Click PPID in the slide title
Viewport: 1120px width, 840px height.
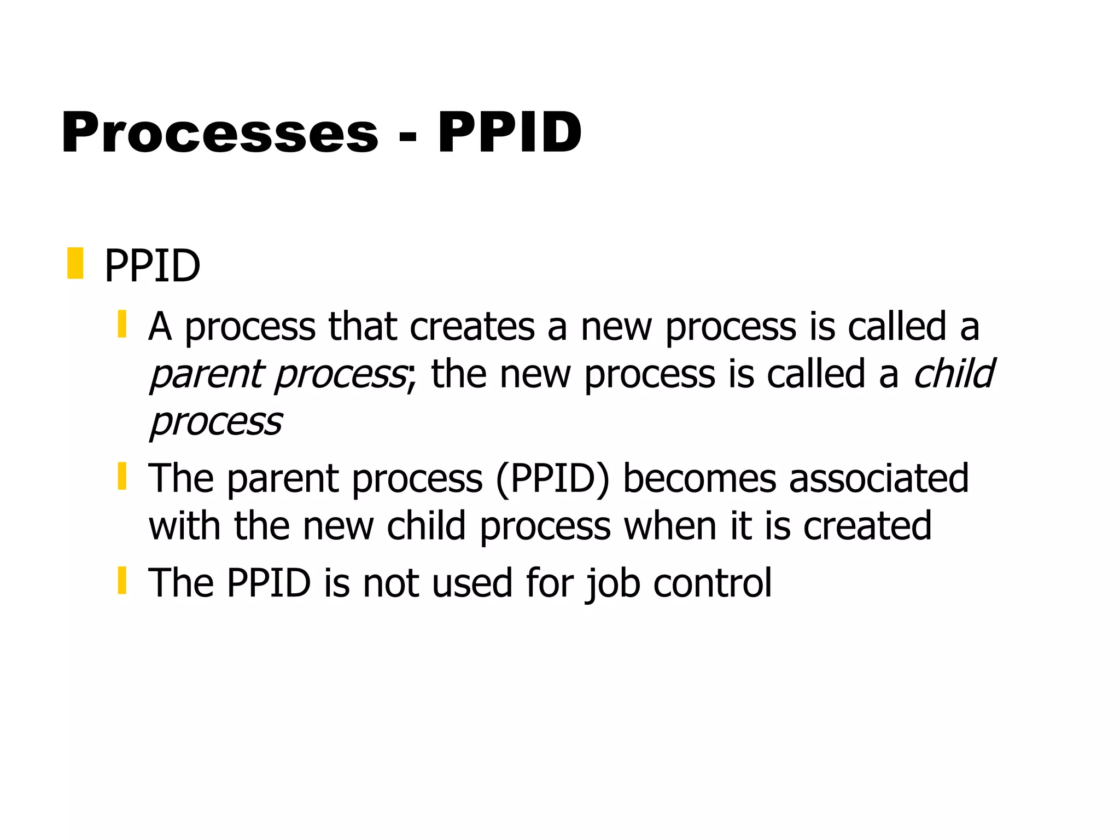pos(510,133)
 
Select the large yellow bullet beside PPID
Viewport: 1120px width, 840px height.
pos(75,263)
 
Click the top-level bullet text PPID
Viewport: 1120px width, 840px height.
pos(152,267)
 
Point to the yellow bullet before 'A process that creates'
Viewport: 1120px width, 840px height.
pos(122,324)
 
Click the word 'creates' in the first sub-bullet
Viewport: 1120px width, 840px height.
pos(472,327)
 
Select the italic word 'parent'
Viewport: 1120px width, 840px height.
pos(207,375)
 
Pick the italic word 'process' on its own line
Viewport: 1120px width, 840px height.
pos(216,423)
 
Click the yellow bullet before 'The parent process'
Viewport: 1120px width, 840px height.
pos(122,476)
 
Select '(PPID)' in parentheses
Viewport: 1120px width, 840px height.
pos(552,479)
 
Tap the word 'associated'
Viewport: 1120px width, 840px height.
pos(879,479)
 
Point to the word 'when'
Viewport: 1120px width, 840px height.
pos(670,526)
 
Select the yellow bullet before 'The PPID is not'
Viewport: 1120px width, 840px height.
pos(122,581)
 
